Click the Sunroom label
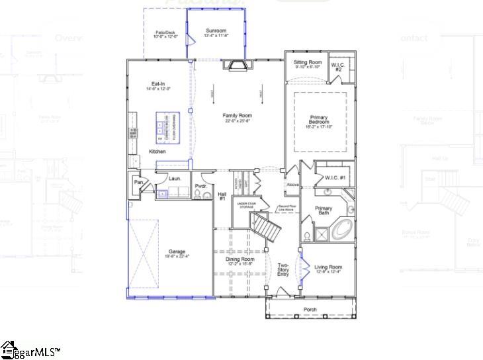tap(216, 30)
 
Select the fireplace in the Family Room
tap(237, 65)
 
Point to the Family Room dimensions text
tap(237, 121)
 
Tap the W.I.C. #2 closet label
tap(338, 67)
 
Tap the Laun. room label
tap(175, 179)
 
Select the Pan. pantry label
tap(139, 182)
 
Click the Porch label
tap(310, 310)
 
